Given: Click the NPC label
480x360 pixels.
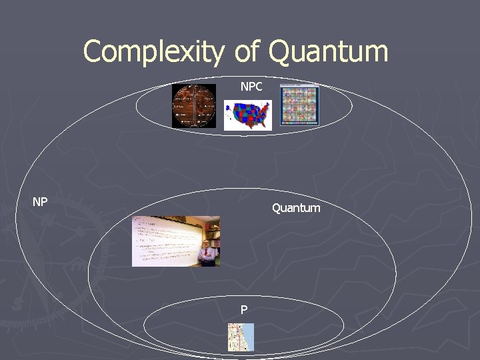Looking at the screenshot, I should (x=251, y=87).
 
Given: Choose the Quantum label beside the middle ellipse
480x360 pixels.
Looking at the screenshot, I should (x=295, y=208).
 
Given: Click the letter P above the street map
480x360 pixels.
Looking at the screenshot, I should (x=244, y=309).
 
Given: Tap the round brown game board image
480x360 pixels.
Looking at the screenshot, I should (x=194, y=106).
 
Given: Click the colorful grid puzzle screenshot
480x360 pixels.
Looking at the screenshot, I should (x=299, y=105).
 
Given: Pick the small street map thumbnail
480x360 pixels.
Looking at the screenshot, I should (x=241, y=337).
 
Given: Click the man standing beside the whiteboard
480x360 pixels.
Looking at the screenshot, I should (x=207, y=254).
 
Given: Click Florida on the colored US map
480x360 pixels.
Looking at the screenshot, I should (x=263, y=125).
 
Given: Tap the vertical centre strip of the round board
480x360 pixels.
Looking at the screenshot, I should (x=194, y=106).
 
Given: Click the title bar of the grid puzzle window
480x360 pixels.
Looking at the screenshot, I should (x=299, y=87).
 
